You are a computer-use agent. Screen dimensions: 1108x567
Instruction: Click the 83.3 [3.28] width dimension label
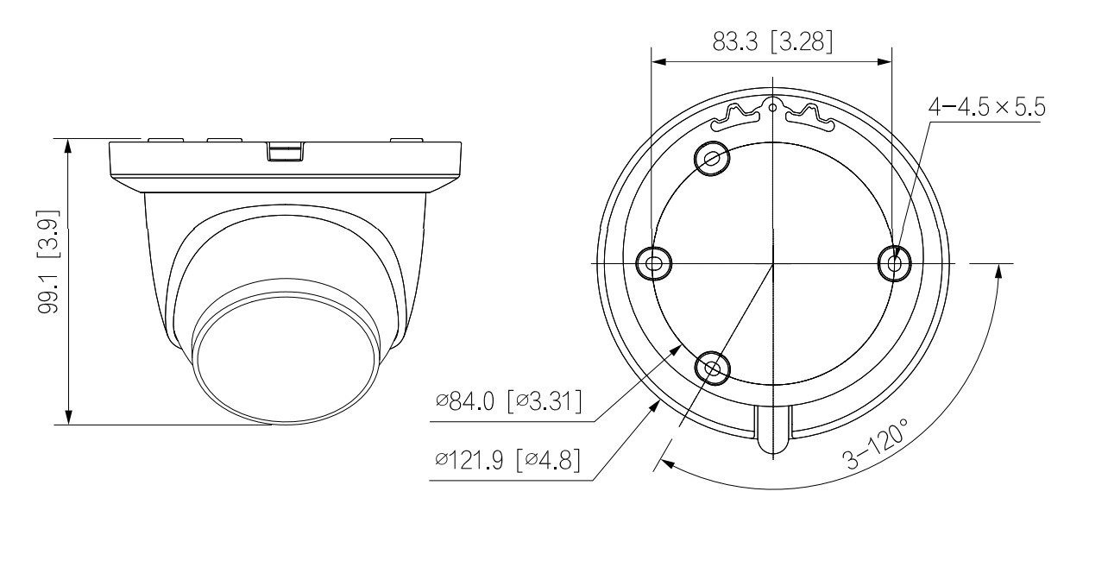772,41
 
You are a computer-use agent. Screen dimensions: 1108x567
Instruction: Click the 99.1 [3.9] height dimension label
49,262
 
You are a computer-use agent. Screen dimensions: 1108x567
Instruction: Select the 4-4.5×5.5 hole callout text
987,107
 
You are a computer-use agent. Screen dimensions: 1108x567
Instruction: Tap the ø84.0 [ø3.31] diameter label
508,400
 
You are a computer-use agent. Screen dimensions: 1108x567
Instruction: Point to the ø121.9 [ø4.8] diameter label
507,460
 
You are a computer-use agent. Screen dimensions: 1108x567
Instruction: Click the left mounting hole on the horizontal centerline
653,263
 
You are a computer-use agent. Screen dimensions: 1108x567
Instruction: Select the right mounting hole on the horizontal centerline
894,263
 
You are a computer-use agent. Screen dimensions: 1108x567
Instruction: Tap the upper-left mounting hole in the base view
712,159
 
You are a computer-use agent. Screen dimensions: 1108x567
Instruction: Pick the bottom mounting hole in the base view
712,369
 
